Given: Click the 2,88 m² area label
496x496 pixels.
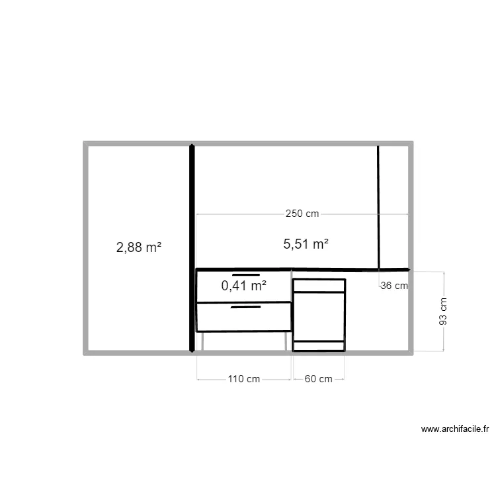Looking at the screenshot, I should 139,248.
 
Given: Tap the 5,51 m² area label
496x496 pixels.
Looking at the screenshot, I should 306,244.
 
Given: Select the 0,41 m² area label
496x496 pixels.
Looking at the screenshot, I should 244,286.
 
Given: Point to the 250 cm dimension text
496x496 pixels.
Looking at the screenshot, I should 302,214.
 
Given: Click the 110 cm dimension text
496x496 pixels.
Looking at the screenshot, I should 244,379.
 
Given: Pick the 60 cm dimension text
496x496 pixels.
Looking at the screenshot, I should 318,379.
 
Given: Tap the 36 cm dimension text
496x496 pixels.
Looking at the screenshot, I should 394,286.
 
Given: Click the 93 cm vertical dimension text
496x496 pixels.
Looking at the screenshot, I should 443,311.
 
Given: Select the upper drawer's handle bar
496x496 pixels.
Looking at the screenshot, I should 245,274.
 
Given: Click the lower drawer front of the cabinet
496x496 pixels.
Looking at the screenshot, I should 244,317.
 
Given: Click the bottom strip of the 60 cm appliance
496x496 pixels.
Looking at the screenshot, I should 319,345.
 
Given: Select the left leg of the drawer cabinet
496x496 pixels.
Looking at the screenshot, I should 203,341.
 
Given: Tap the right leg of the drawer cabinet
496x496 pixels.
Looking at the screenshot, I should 286,341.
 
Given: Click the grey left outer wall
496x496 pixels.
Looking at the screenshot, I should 85,248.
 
